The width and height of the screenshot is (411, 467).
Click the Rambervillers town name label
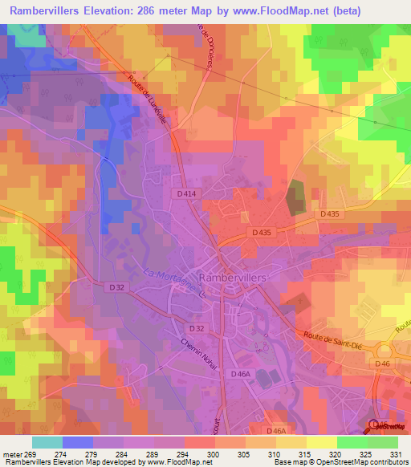click(x=242, y=275)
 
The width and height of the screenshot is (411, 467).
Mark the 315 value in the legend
click(x=295, y=454)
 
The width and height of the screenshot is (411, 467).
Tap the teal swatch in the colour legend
click(x=47, y=442)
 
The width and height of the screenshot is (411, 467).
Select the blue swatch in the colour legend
click(x=77, y=442)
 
